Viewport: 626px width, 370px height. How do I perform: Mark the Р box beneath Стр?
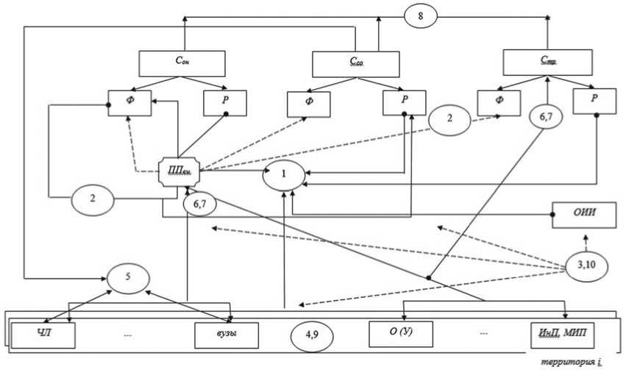(x=594, y=102)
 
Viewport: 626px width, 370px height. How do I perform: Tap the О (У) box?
(x=399, y=334)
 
